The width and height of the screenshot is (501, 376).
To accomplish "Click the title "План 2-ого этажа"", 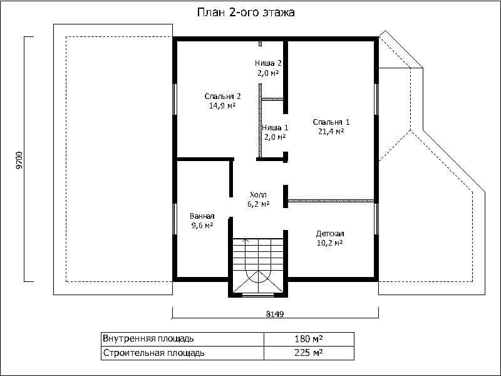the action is tap(245, 13).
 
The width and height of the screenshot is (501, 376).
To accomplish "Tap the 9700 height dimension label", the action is tap(19, 160).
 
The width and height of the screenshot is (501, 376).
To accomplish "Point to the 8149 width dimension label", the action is tap(275, 314).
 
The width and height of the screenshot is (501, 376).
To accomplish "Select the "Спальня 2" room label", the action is tap(222, 97).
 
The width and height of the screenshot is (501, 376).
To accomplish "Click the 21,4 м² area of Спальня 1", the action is tap(331, 131).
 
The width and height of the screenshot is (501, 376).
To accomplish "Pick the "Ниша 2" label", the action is tap(268, 63).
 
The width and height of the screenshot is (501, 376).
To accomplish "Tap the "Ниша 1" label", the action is tap(275, 128).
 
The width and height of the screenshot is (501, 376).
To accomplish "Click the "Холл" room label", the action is tap(258, 195).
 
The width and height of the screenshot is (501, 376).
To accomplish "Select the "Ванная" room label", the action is tap(202, 216).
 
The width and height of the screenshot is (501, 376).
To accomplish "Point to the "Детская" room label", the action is tap(330, 234).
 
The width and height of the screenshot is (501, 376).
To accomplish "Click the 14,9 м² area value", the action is tap(222, 105).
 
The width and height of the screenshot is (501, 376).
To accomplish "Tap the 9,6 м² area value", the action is tap(202, 226).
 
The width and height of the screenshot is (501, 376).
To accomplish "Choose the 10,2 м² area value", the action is tap(330, 243).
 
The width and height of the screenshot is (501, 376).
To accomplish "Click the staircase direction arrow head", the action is tap(245, 239).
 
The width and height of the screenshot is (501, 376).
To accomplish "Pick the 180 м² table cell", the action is tap(309, 338).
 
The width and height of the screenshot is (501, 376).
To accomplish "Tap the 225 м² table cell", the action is tap(309, 353).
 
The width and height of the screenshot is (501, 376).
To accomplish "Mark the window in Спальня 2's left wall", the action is tap(175, 99).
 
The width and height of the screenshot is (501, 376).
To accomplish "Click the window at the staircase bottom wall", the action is tap(258, 295).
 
